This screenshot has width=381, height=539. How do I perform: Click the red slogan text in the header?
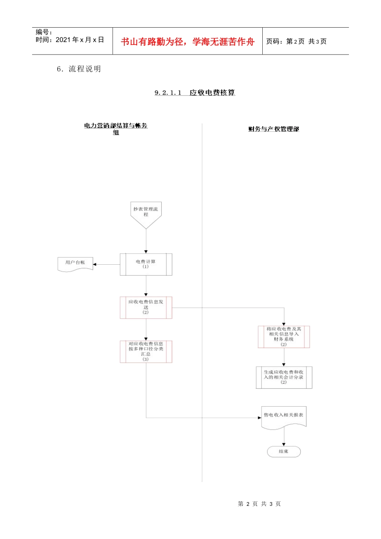188,42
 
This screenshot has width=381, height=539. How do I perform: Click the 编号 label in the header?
44,32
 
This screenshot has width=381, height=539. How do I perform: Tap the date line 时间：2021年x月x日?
70,40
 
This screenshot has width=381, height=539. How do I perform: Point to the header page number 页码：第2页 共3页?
296,41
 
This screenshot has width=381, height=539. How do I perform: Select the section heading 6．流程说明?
79,69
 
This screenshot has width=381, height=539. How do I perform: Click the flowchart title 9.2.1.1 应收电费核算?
195,93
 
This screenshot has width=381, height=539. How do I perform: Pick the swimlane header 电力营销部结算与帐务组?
116,129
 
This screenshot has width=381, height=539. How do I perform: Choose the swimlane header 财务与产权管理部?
274,129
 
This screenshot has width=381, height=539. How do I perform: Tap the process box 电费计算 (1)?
146,264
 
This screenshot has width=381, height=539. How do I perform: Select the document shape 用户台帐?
75,263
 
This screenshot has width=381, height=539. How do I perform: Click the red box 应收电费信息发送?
146,308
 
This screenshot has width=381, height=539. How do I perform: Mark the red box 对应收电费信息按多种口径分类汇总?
146,352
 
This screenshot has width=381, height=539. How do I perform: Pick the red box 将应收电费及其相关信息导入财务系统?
284,336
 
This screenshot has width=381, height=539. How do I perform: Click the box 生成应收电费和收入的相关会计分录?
284,377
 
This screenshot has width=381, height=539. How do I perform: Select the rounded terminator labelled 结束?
284,452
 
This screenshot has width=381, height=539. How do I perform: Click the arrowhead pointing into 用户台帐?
95,264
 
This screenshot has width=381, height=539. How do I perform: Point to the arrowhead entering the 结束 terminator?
284,444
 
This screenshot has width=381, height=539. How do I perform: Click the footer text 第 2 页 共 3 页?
259,504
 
